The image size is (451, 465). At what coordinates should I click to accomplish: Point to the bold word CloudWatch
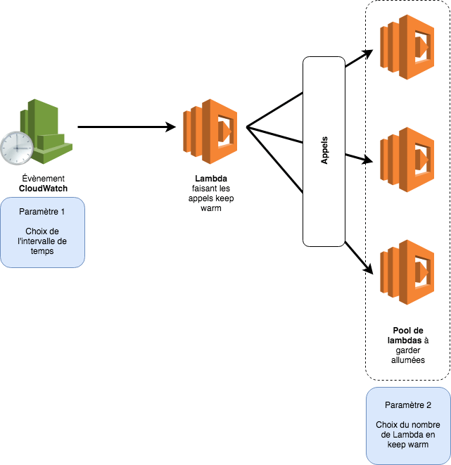43,189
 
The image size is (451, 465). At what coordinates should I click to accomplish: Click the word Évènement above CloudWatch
43,178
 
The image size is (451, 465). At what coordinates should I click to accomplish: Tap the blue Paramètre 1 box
42,232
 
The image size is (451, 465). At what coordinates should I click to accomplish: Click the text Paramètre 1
42,212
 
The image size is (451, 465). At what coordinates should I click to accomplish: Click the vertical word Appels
324,151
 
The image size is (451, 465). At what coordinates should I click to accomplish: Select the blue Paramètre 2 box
408,425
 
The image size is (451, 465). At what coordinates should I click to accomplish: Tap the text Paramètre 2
408,405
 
